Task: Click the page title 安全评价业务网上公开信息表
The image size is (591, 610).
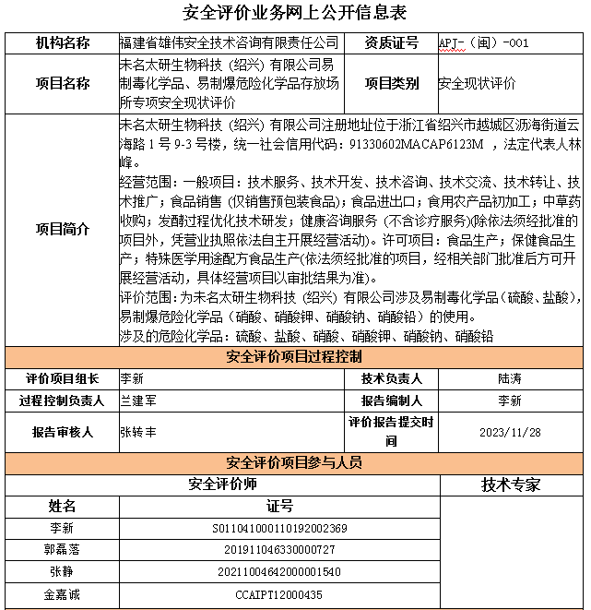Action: click(x=295, y=13)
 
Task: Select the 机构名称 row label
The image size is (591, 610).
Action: click(x=62, y=42)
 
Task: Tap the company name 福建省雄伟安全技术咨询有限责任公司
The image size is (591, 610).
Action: click(x=229, y=42)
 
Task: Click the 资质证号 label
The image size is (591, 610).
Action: click(x=391, y=42)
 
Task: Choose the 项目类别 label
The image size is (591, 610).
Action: click(x=391, y=83)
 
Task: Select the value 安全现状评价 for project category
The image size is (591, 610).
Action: click(x=477, y=83)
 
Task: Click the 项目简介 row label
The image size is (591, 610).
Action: click(x=62, y=229)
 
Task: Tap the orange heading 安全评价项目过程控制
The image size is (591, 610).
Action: click(x=294, y=357)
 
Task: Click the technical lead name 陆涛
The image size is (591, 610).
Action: click(x=509, y=378)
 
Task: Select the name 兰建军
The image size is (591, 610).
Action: click(x=138, y=401)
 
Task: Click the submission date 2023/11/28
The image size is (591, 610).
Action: click(x=510, y=431)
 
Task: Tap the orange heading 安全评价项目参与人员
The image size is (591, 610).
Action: click(x=294, y=463)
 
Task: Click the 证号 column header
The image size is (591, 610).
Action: click(x=279, y=506)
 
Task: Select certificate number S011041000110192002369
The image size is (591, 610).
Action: click(x=279, y=529)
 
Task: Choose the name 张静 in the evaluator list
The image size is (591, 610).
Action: click(x=62, y=572)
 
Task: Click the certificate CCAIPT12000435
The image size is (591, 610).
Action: click(x=279, y=595)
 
